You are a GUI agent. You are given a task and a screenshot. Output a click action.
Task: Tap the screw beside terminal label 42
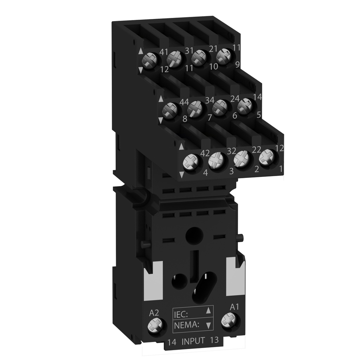click(x=192, y=162)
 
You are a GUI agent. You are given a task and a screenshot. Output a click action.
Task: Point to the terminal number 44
click(x=185, y=102)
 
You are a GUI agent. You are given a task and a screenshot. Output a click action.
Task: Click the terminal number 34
click(x=210, y=100)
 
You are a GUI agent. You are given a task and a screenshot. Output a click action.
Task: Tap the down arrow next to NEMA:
click(x=208, y=325)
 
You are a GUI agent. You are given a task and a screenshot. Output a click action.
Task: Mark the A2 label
click(x=154, y=312)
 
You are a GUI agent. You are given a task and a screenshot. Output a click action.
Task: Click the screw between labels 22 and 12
click(x=267, y=157)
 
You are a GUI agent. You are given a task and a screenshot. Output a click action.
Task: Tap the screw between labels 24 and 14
click(x=245, y=106)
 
